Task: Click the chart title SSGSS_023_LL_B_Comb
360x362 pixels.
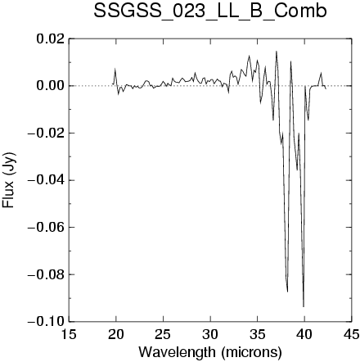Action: coord(210,11)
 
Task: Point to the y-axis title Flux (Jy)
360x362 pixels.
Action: coord(9,180)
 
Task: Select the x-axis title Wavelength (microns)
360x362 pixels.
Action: coord(210,352)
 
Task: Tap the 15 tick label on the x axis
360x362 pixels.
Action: coord(69,334)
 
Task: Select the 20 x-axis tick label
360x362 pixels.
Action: coord(116,334)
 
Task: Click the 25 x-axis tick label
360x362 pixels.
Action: coord(163,334)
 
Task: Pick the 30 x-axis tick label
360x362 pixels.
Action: coord(210,334)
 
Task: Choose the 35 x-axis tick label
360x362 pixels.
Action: coord(258,334)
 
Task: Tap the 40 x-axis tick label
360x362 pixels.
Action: coord(304,334)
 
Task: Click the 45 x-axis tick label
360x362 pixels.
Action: coord(352,334)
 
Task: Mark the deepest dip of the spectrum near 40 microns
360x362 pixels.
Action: coord(304,306)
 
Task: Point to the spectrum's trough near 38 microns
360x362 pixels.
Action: coord(287,292)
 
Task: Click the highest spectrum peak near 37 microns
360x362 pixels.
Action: coord(277,51)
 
